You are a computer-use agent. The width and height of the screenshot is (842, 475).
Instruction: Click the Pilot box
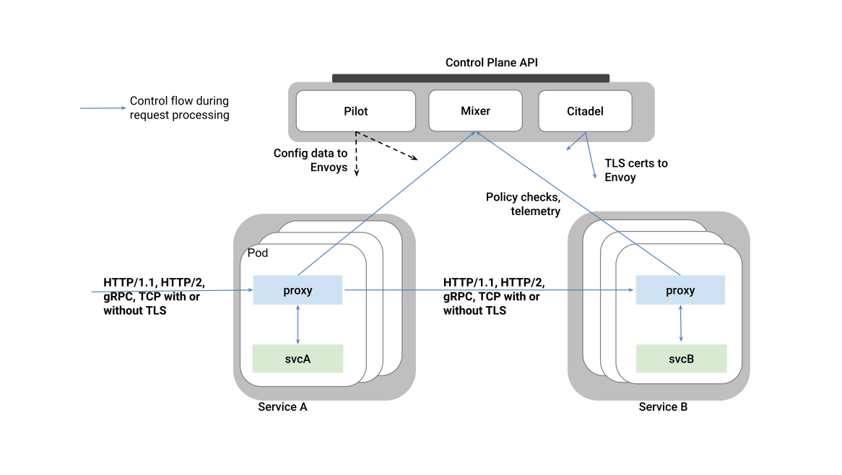click(356, 111)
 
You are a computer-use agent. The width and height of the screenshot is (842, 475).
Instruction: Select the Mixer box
click(475, 111)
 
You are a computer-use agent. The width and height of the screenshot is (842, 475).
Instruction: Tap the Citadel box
click(585, 111)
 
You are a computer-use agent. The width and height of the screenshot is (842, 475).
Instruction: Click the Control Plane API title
click(491, 63)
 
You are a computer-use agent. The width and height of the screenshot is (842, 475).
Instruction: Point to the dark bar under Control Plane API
click(470, 78)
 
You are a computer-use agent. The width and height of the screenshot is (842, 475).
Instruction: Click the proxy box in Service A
click(298, 290)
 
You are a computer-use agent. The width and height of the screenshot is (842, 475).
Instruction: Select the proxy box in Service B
click(680, 290)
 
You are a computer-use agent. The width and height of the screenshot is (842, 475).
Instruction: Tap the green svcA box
click(298, 358)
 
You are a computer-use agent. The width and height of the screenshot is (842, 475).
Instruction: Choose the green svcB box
click(680, 358)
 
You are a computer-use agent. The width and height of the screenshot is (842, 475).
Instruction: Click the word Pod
click(258, 253)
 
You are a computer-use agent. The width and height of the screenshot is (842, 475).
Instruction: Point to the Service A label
click(282, 407)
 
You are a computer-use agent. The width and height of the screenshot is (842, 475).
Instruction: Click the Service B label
click(663, 407)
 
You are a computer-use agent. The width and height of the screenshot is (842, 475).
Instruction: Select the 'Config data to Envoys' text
click(311, 160)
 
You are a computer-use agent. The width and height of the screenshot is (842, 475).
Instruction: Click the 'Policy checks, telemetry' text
click(524, 204)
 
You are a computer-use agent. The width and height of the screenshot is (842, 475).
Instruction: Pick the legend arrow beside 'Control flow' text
click(102, 108)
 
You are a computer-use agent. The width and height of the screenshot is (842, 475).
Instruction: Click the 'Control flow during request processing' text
click(179, 108)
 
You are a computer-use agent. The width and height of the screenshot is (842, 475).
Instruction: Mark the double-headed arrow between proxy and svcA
click(298, 324)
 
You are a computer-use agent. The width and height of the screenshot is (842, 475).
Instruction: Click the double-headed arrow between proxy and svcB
click(681, 324)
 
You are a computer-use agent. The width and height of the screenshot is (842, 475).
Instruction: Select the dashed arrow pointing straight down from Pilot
click(356, 154)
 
